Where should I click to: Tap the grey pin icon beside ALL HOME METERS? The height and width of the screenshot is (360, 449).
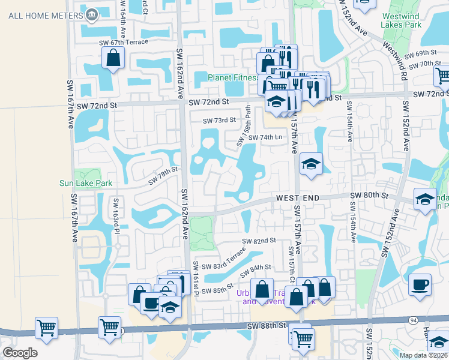[92, 15]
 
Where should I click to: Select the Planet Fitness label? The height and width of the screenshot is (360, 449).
[232, 77]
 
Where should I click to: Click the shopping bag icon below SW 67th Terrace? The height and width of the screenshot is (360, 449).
[113, 59]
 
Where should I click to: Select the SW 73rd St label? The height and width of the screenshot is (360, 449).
[219, 121]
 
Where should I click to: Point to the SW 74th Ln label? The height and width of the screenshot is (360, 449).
[265, 137]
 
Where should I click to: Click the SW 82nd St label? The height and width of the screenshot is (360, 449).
[259, 241]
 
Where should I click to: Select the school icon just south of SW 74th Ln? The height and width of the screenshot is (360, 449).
[312, 164]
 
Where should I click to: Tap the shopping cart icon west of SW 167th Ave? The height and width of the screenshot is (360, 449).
[46, 328]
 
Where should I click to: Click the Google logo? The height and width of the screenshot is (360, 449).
[20, 353]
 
